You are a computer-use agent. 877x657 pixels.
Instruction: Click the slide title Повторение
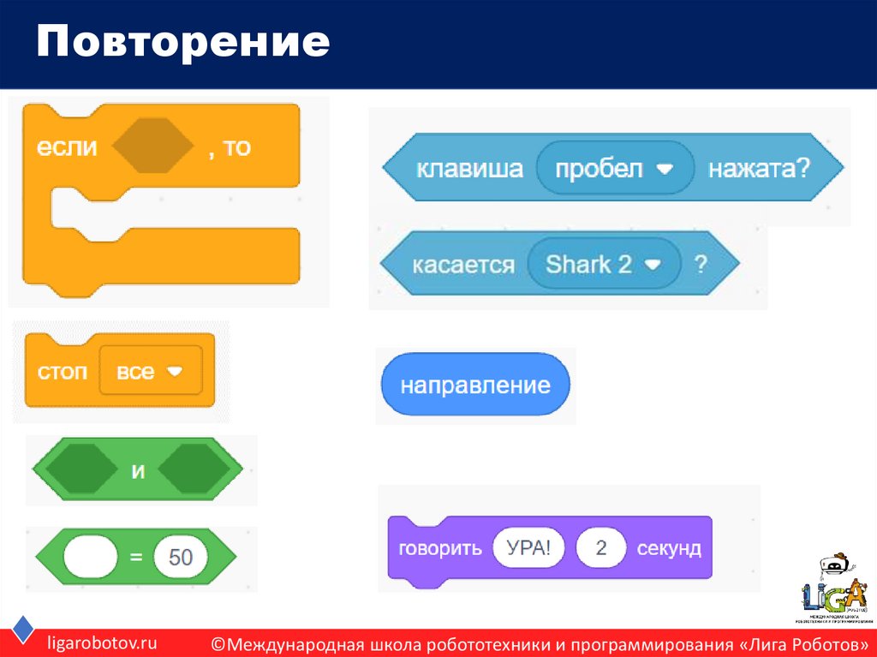pyautogui.click(x=182, y=43)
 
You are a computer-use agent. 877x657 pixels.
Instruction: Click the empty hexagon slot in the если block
pyautogui.click(x=153, y=147)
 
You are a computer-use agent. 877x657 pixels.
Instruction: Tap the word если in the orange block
pyautogui.click(x=67, y=147)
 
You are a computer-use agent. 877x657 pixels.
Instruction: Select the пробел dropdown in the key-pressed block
pyautogui.click(x=614, y=169)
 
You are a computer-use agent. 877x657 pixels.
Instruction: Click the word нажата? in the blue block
pyautogui.click(x=758, y=169)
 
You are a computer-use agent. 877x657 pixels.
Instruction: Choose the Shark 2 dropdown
pyautogui.click(x=604, y=265)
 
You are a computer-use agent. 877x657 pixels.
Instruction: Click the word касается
pyautogui.click(x=463, y=265)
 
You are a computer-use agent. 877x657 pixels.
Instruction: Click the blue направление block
pyautogui.click(x=475, y=385)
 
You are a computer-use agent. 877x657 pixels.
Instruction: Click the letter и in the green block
pyautogui.click(x=137, y=470)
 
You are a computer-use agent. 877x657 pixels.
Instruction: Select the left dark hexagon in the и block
pyautogui.click(x=81, y=470)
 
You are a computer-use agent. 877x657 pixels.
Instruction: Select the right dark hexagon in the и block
pyautogui.click(x=194, y=470)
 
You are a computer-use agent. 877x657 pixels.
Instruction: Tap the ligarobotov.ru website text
pyautogui.click(x=102, y=642)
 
